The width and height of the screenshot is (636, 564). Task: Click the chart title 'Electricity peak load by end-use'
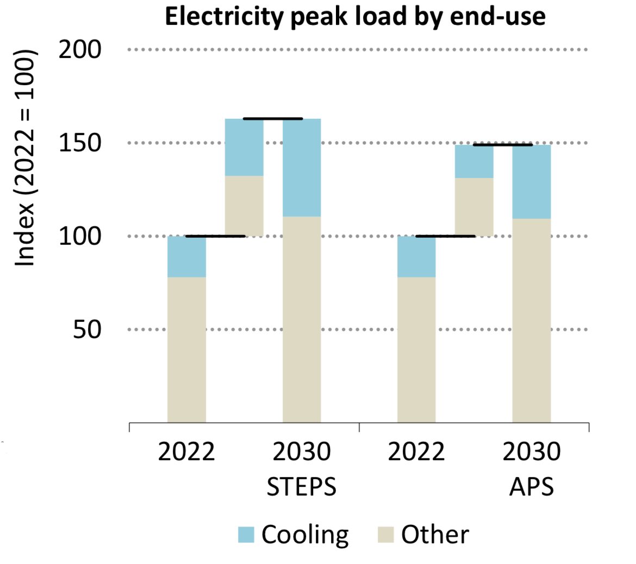tap(355, 17)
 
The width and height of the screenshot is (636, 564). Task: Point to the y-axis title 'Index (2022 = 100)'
tap(25, 158)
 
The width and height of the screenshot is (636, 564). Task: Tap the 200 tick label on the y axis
tap(80, 50)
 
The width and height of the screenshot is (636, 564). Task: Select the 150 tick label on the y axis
tap(80, 143)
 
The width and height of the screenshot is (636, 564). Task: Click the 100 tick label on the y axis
tap(80, 237)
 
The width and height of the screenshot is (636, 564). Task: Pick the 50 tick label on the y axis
tap(87, 329)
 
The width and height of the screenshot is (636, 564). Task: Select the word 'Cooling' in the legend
tap(305, 535)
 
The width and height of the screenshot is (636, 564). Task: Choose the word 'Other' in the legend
tap(435, 535)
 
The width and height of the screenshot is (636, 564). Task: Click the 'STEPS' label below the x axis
tap(301, 487)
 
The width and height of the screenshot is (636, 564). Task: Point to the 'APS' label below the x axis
tap(531, 487)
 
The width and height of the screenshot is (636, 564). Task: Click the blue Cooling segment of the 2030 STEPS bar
tap(302, 167)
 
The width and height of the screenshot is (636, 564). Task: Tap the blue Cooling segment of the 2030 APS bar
tap(531, 181)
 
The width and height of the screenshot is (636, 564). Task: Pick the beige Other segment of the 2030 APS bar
tap(531, 320)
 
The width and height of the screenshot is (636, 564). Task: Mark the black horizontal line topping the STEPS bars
tap(272, 118)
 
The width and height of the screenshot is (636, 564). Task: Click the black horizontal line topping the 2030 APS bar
tap(502, 145)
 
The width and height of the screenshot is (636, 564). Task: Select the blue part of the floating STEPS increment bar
tap(244, 147)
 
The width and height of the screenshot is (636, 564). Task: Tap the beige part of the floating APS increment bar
tap(474, 207)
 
